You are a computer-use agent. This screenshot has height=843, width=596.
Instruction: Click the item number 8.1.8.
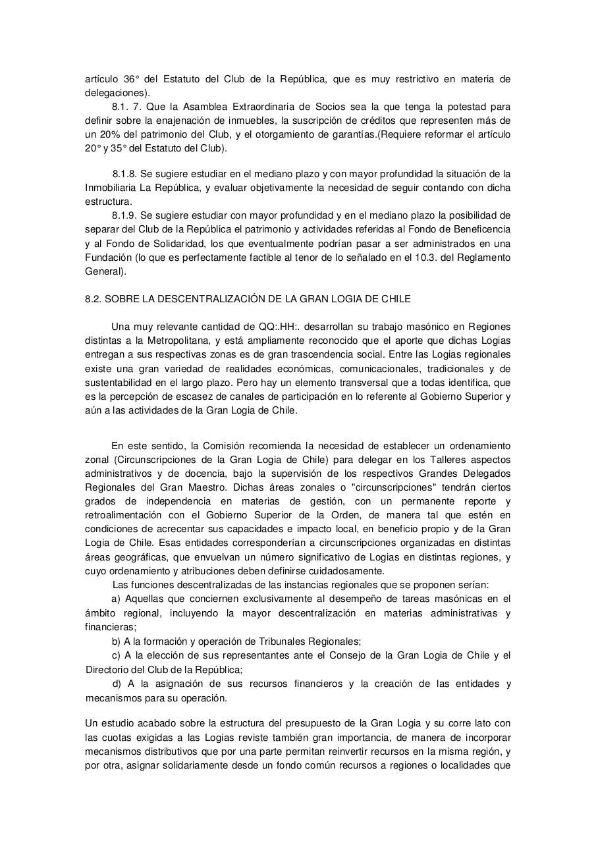click(x=124, y=174)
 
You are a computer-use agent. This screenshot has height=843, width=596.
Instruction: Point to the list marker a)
click(x=116, y=599)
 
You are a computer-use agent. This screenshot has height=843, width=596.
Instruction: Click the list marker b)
click(x=117, y=641)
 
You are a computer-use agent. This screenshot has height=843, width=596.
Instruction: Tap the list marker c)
click(x=116, y=655)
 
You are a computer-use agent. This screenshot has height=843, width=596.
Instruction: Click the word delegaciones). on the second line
click(x=117, y=93)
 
